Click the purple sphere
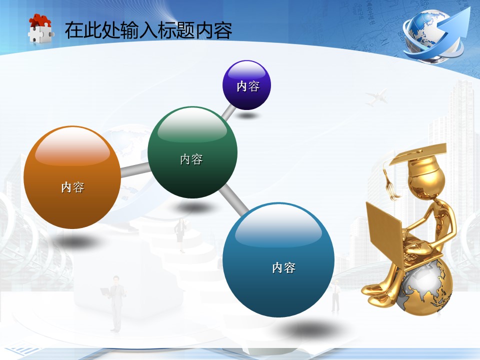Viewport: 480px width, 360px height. coord(246,85)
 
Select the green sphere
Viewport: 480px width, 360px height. coord(192,152)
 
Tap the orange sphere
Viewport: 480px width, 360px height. coord(72,177)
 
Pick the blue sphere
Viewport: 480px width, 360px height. coord(278,259)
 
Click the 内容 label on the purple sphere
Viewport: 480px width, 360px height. coord(248,86)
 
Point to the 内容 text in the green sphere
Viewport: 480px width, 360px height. coord(191,159)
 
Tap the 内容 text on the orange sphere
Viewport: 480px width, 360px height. coord(72,187)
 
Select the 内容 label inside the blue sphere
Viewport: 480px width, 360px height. coord(284,268)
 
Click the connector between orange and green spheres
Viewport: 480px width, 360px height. coord(135,170)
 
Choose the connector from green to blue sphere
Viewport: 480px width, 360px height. coord(234,199)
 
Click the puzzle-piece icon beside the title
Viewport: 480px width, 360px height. coord(40,28)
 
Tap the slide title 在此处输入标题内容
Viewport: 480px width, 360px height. coord(148,30)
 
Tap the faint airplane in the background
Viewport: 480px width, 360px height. coord(377,97)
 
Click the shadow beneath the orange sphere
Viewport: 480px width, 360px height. coord(77,242)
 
